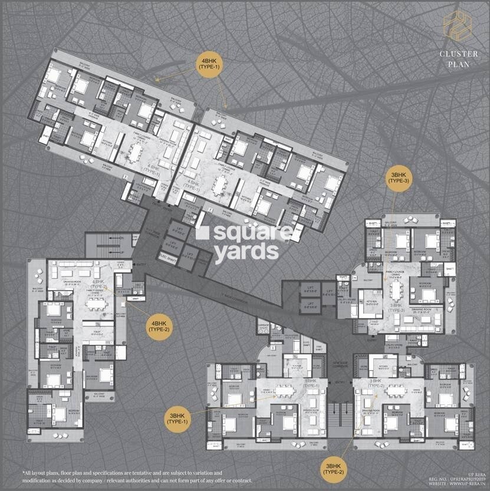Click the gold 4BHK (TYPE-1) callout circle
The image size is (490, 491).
[x=210, y=63]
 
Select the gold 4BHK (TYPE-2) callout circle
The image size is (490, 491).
[x=160, y=327]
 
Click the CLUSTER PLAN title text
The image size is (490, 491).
[x=454, y=59]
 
